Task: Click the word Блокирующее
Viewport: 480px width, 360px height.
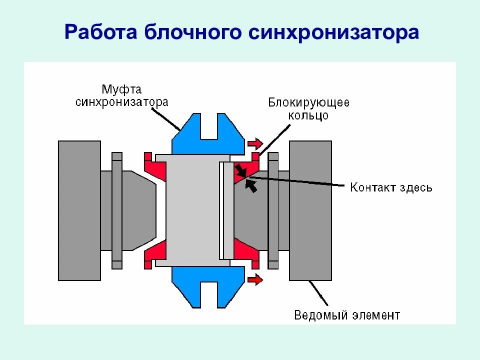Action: pos(308,103)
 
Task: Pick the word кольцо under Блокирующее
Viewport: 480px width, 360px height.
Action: pos(308,115)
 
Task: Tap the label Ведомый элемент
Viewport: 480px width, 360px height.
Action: pos(347,315)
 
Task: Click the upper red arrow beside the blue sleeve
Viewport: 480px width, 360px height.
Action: pos(255,144)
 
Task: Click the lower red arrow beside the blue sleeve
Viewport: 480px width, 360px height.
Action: pos(255,279)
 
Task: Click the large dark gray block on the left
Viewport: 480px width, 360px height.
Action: pos(79,210)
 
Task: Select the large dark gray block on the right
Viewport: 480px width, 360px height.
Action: pos(310,210)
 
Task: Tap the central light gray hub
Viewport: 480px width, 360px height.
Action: pos(192,210)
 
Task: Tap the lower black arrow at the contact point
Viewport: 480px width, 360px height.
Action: pos(252,186)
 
